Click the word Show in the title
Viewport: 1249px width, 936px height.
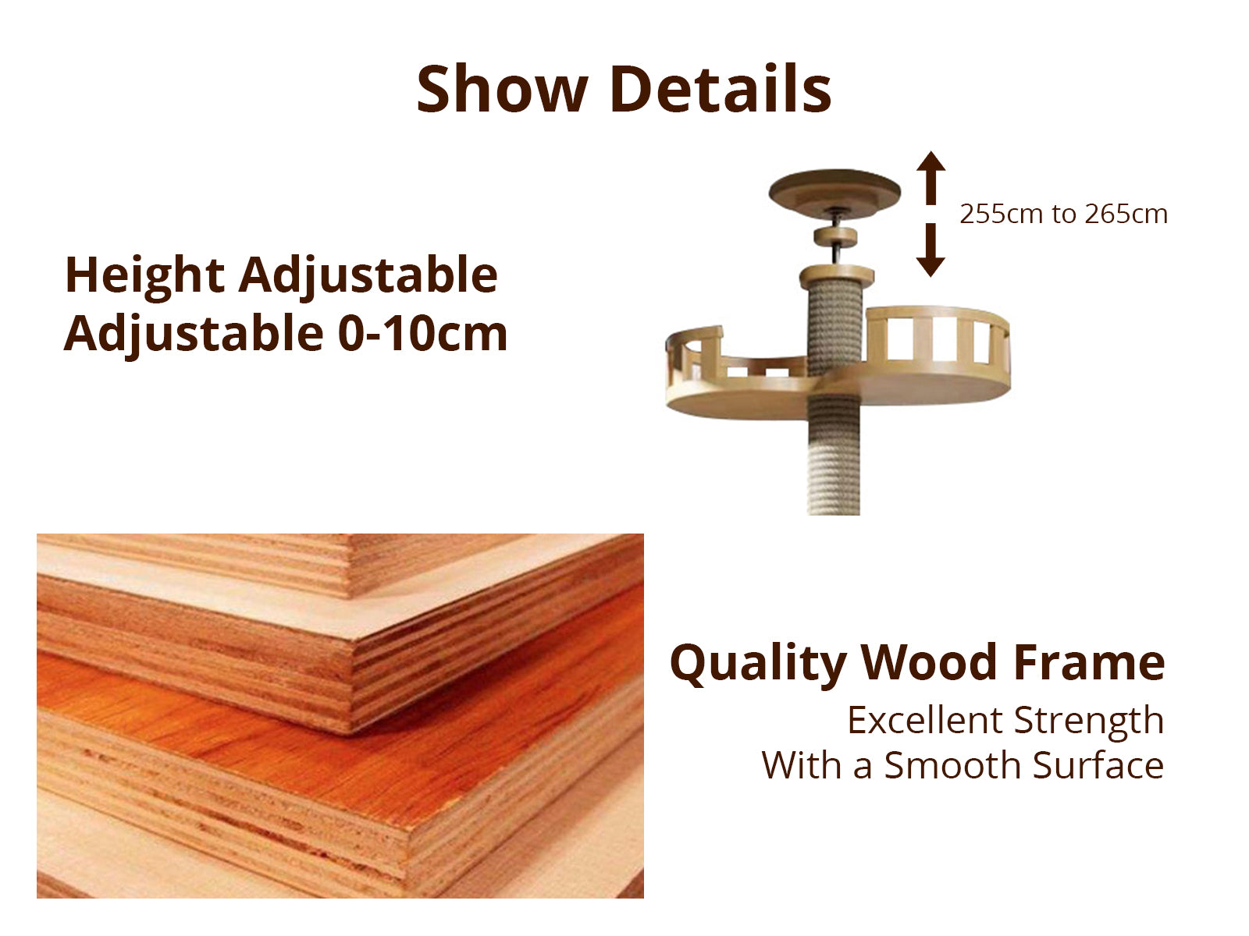[502, 89]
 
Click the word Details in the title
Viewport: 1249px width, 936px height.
[721, 89]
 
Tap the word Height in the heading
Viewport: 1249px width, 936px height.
[144, 277]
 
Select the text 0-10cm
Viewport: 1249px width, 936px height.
[422, 334]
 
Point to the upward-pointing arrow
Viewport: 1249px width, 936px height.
[931, 178]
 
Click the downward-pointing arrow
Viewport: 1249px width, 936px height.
[931, 250]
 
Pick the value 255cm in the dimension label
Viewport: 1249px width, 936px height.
[1002, 214]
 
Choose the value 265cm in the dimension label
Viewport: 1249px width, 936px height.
[1126, 214]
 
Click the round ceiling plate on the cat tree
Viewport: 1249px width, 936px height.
[834, 193]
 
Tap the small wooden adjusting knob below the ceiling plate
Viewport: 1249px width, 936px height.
[835, 236]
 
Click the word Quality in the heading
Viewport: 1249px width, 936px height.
[757, 665]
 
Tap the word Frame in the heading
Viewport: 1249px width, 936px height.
[1089, 663]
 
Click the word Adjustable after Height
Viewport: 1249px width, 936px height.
[368, 277]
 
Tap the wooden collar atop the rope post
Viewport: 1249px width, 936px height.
[837, 276]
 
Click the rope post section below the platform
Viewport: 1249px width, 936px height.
[834, 458]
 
